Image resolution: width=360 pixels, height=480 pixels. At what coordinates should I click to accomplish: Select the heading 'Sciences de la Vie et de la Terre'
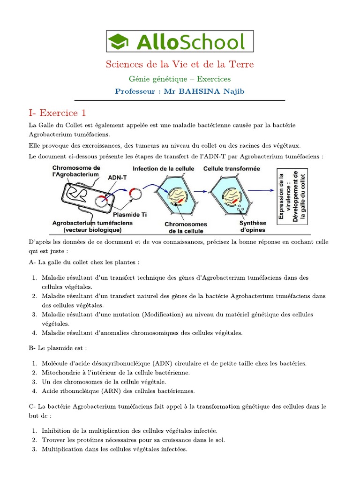(x=180, y=64)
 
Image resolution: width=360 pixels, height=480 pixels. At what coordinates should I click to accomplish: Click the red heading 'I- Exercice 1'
(x=57, y=113)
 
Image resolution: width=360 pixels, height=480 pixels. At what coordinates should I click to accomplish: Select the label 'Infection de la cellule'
(x=163, y=168)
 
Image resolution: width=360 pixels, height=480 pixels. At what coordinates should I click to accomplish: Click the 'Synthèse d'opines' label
(x=252, y=226)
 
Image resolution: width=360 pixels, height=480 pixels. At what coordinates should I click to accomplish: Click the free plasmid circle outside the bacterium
(x=137, y=193)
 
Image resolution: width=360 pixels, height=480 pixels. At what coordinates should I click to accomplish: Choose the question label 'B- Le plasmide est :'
(x=58, y=348)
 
